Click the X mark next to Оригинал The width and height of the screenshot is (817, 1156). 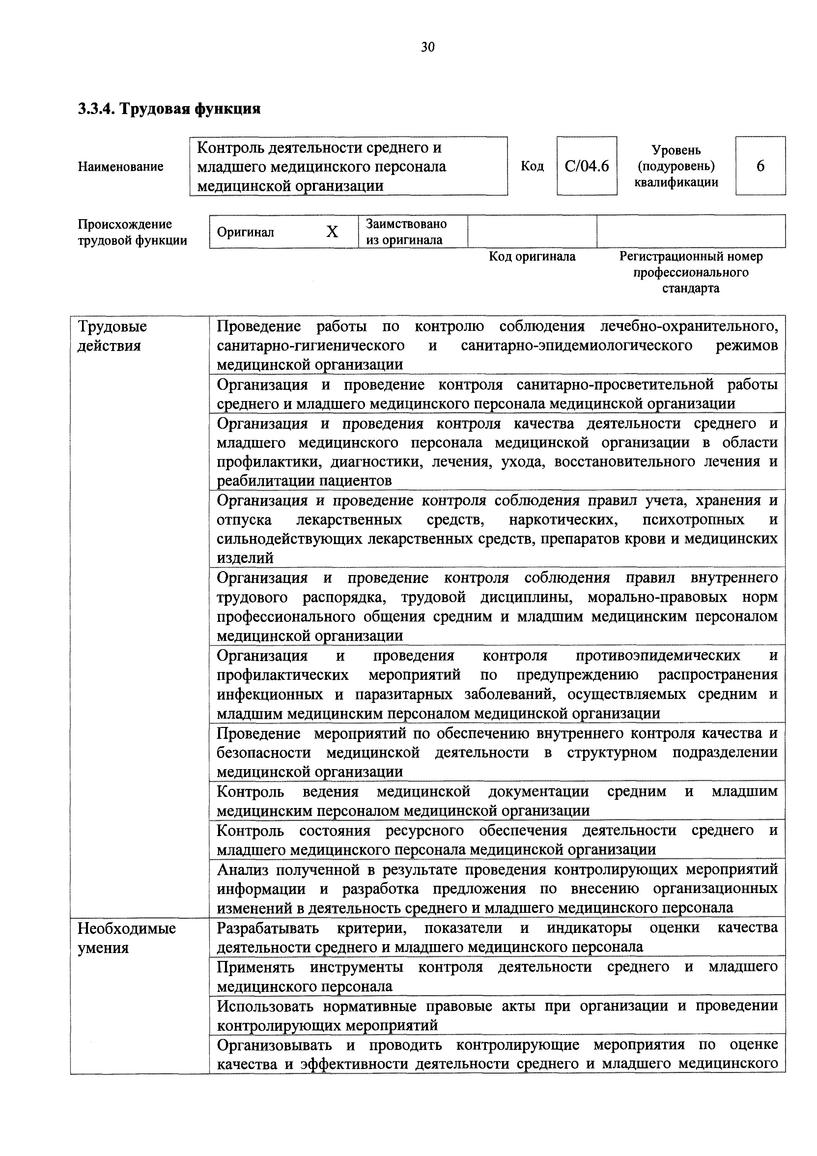tap(332, 232)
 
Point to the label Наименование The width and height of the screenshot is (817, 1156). tap(121, 167)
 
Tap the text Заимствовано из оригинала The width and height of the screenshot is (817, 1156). tap(406, 232)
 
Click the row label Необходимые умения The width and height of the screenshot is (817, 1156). tap(127, 938)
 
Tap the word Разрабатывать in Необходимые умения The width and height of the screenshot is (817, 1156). tap(268, 927)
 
